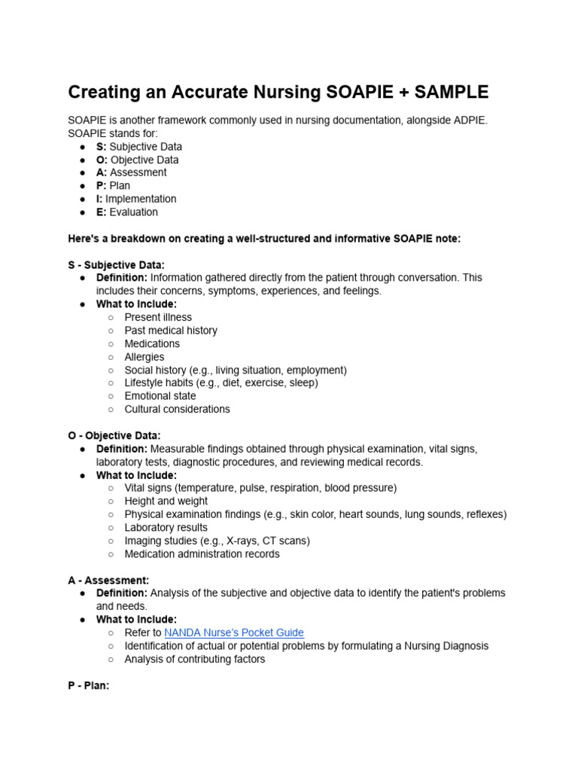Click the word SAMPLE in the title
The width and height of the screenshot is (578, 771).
pyautogui.click(x=448, y=93)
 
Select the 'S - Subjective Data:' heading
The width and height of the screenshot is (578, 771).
pyautogui.click(x=116, y=265)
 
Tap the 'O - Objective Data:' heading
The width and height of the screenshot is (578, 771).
pyautogui.click(x=114, y=436)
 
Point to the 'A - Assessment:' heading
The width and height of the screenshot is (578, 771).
pyautogui.click(x=108, y=581)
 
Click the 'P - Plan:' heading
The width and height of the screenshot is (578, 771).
pyautogui.click(x=89, y=686)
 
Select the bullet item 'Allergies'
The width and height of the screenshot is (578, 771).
pyautogui.click(x=144, y=357)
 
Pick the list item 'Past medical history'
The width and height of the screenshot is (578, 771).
pyautogui.click(x=171, y=331)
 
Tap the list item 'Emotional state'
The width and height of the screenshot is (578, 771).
pyautogui.click(x=160, y=396)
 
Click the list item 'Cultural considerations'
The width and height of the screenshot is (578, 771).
pyautogui.click(x=178, y=410)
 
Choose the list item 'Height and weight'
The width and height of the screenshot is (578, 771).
pyautogui.click(x=166, y=501)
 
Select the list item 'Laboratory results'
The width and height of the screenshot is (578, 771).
pyautogui.click(x=166, y=528)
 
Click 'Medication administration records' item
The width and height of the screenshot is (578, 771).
pyautogui.click(x=202, y=554)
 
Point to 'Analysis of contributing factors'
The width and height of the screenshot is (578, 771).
pyautogui.click(x=195, y=660)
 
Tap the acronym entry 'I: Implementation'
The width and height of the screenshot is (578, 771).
pyautogui.click(x=136, y=199)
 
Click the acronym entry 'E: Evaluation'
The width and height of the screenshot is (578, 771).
pyautogui.click(x=127, y=212)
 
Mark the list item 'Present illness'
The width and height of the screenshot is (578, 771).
pyautogui.click(x=158, y=317)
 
